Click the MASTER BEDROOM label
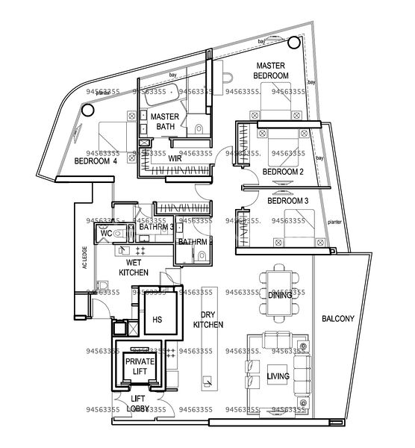tap(272, 71)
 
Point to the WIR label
tap(175, 159)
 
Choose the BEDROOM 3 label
tap(287, 201)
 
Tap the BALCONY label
tap(338, 319)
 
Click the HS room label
tap(157, 319)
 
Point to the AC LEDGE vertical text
tap(85, 265)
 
